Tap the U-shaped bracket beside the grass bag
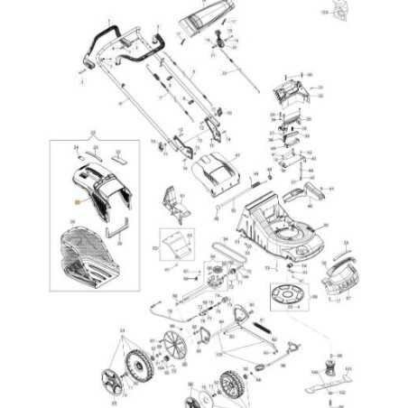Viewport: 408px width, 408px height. pos(116,232)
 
